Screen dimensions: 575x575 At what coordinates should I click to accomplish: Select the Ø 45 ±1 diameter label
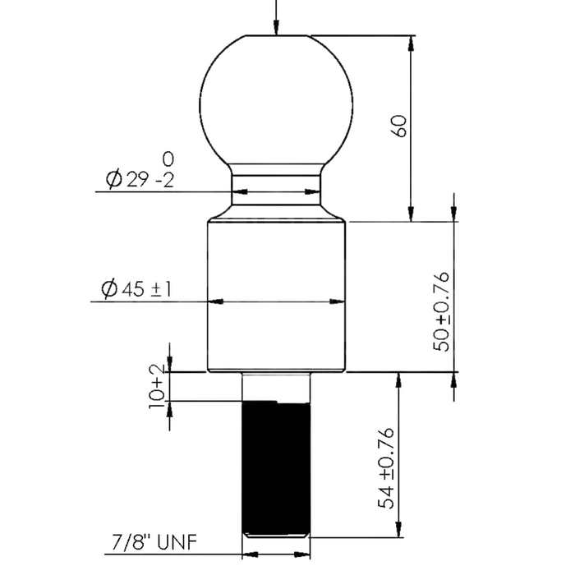[x=135, y=289]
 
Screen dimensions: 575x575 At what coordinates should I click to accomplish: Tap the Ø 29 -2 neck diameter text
[x=136, y=179]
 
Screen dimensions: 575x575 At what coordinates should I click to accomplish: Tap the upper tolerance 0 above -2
[x=168, y=157]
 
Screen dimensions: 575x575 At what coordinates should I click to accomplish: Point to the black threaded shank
[x=277, y=468]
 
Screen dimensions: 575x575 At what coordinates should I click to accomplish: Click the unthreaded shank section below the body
[x=277, y=387]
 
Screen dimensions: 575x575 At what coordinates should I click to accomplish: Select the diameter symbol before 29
[x=114, y=179]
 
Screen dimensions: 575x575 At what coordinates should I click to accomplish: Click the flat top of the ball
[x=277, y=36]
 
